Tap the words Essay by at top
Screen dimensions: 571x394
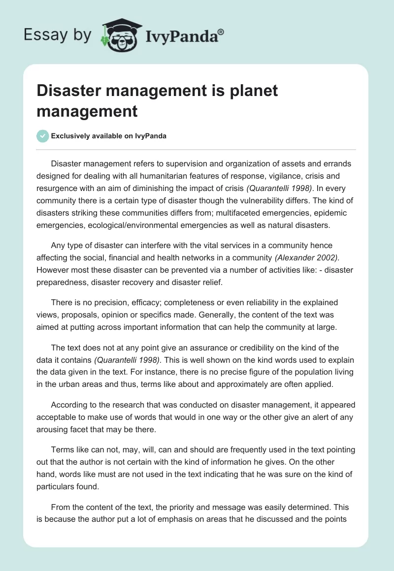pos(58,35)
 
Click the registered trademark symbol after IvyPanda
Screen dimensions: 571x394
pos(221,32)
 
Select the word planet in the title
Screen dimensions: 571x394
pos(251,91)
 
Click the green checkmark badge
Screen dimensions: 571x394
pos(42,136)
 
